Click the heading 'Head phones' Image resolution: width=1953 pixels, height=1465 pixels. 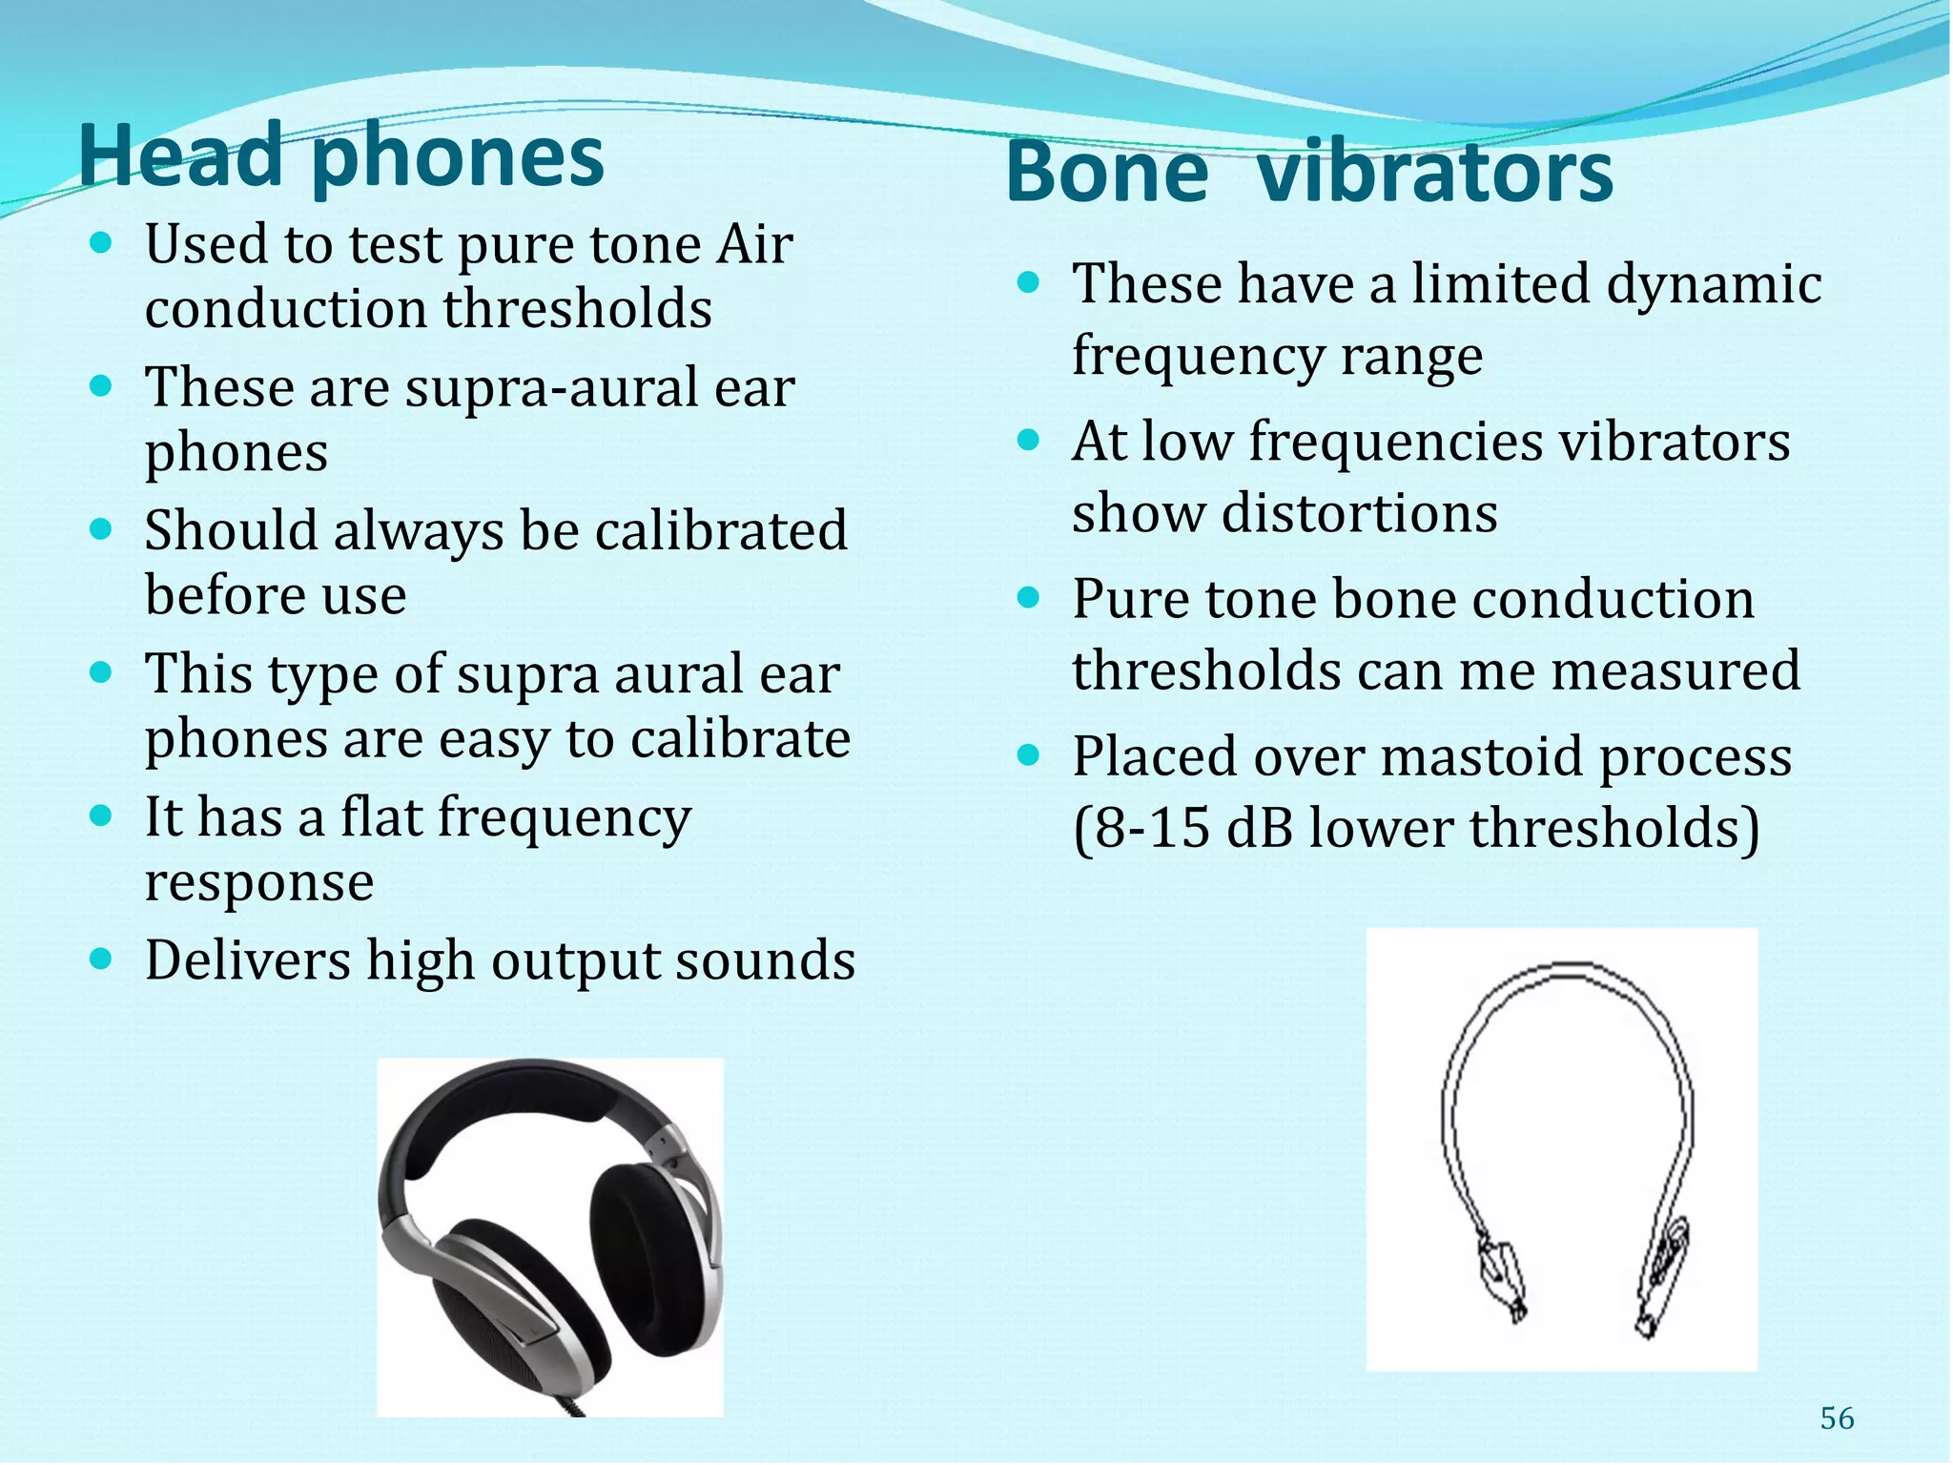(x=340, y=157)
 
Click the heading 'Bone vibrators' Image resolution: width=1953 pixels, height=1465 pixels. (x=1308, y=174)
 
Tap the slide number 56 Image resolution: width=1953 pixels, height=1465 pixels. (x=1837, y=1418)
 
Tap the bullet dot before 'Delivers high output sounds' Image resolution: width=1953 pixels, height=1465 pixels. (x=100, y=957)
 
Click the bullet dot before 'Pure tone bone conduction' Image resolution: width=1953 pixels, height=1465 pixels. (x=1027, y=598)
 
